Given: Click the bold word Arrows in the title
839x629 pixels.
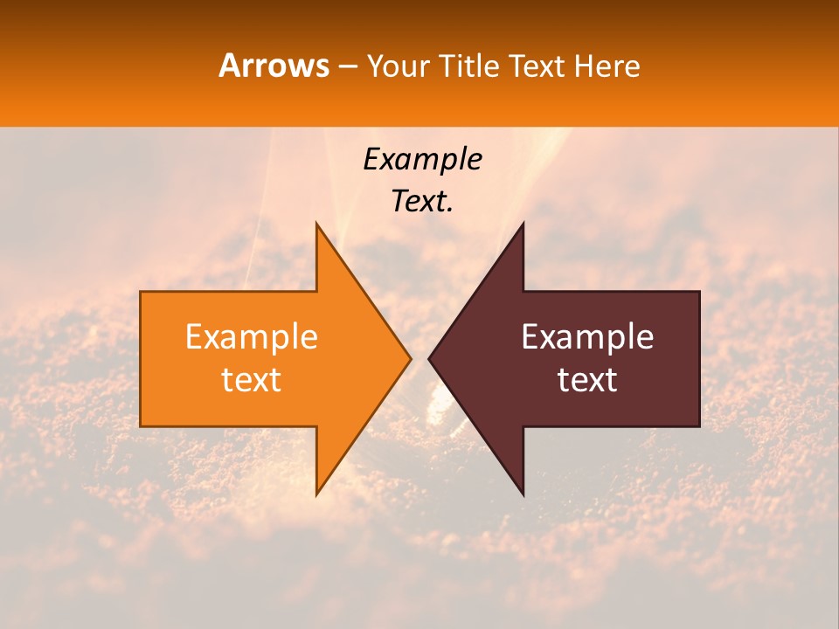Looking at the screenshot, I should pyautogui.click(x=274, y=66).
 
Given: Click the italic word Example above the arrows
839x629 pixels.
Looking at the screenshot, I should pyautogui.click(x=422, y=160).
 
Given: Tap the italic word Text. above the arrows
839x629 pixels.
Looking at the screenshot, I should pyautogui.click(x=422, y=201).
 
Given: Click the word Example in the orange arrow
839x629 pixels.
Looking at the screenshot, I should pyautogui.click(x=252, y=337).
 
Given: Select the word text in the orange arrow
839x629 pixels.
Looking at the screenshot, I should pyautogui.click(x=252, y=379).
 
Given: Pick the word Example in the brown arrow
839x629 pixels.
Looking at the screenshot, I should pyautogui.click(x=587, y=337).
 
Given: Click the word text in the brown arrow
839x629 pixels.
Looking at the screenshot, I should pyautogui.click(x=587, y=379).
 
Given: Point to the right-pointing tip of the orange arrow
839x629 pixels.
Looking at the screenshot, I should pyautogui.click(x=410, y=358).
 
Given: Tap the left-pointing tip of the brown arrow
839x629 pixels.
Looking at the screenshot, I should pyautogui.click(x=429, y=358).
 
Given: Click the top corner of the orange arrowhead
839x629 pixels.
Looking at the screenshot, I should pyautogui.click(x=316, y=223).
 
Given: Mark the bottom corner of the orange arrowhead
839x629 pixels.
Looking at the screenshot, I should pyautogui.click(x=316, y=494).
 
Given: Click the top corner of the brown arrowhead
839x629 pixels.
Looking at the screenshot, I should pyautogui.click(x=524, y=223).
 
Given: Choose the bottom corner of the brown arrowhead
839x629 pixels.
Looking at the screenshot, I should pyautogui.click(x=524, y=494).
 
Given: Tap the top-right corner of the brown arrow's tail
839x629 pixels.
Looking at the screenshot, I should pyautogui.click(x=699, y=292).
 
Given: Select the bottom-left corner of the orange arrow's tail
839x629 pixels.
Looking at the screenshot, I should pyautogui.click(x=141, y=426).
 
